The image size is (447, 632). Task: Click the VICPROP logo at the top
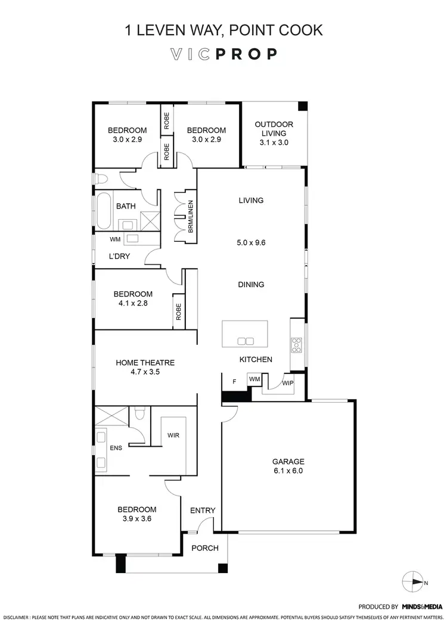(x=223, y=54)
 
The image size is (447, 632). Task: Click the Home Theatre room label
(x=145, y=362)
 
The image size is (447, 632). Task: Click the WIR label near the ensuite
(x=174, y=435)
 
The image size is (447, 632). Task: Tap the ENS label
(x=116, y=447)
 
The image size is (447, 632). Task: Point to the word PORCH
(x=204, y=548)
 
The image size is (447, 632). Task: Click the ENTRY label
(x=203, y=510)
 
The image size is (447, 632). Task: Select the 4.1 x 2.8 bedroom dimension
(x=134, y=303)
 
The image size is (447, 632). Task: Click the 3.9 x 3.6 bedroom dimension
(x=136, y=518)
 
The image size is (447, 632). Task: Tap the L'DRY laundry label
(x=119, y=256)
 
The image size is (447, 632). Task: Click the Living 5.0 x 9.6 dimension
(x=251, y=243)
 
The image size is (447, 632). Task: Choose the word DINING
(x=251, y=285)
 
